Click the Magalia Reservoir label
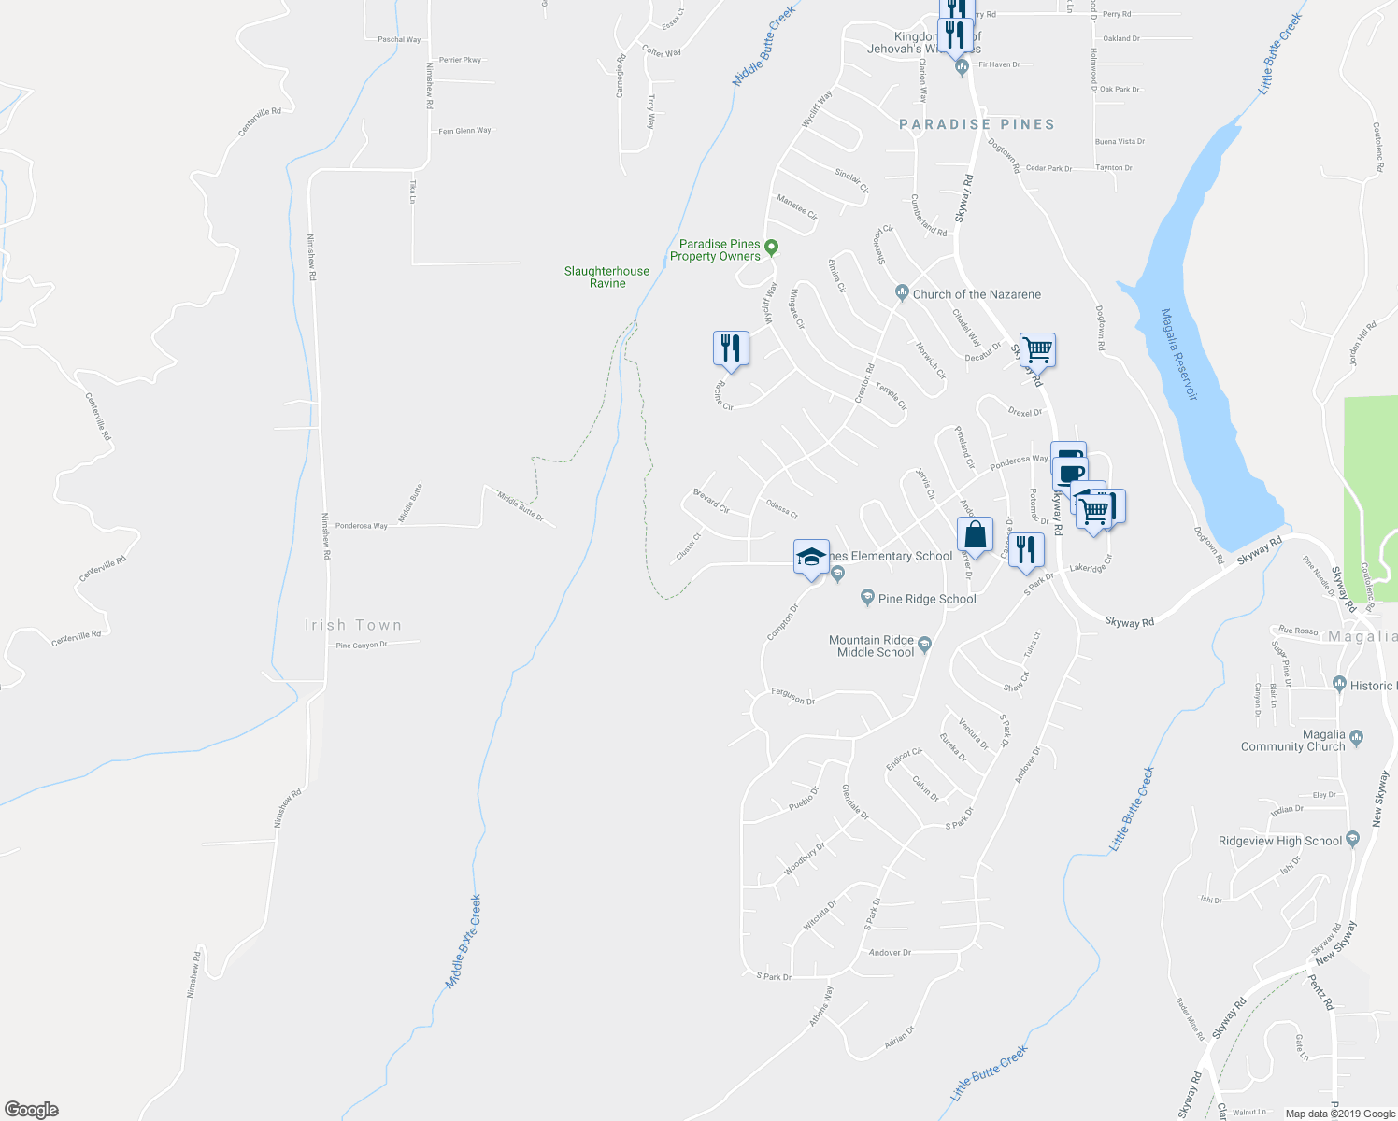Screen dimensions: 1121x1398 1178,354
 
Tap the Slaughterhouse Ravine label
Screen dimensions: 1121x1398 606,277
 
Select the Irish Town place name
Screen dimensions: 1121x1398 353,625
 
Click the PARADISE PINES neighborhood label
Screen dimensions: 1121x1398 977,124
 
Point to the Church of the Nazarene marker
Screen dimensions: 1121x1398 902,293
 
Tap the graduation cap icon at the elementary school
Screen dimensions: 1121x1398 811,557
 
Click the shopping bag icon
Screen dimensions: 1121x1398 975,535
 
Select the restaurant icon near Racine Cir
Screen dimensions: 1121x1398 730,348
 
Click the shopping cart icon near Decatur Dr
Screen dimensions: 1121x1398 1037,350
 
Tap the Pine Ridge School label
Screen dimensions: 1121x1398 927,599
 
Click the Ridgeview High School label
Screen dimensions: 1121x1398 1279,841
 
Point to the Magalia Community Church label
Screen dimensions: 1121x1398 1292,741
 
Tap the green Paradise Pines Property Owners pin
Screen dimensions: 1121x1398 771,248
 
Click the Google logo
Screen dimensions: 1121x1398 32,1109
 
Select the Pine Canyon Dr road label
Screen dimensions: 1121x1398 361,646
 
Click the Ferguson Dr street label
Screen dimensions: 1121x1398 793,697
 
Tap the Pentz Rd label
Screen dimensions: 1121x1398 1319,992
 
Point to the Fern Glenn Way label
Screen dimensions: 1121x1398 464,131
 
